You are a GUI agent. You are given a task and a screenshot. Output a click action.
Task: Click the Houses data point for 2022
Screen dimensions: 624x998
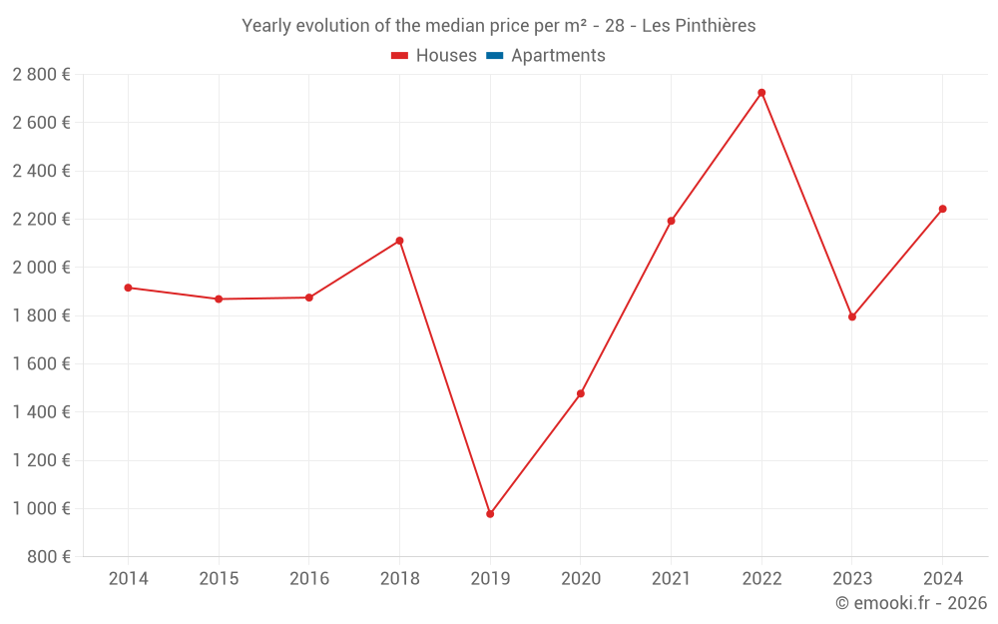click(x=761, y=93)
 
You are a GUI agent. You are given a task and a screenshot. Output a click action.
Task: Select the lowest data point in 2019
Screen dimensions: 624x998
click(x=490, y=514)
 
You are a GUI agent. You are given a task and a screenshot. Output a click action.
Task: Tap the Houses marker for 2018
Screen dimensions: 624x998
click(x=399, y=241)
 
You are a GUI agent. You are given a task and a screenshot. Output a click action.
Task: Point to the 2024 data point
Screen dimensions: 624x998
click(x=942, y=209)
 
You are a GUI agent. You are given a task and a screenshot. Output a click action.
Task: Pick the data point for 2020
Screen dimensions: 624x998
click(x=581, y=393)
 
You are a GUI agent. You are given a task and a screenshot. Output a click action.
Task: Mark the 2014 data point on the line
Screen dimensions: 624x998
click(x=128, y=288)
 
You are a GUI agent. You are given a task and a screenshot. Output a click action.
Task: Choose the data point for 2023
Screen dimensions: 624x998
click(x=852, y=316)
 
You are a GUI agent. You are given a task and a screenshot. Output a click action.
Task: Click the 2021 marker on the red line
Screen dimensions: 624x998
click(x=671, y=221)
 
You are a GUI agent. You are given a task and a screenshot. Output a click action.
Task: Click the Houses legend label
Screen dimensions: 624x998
click(x=446, y=56)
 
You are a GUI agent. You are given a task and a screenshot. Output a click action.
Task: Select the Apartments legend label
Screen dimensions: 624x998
click(x=558, y=56)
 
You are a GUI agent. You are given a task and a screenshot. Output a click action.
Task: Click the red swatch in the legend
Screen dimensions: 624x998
click(x=400, y=56)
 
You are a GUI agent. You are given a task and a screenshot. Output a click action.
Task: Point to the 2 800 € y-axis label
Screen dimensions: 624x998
click(x=41, y=75)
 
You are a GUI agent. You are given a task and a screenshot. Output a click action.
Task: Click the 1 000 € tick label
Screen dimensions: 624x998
click(x=41, y=508)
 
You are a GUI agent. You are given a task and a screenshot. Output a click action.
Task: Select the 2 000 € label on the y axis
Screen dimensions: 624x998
click(x=41, y=268)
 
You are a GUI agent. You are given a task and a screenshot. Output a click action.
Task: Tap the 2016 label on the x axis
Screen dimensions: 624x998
click(x=309, y=579)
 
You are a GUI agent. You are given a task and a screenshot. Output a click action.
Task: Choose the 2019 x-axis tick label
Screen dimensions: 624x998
click(x=490, y=579)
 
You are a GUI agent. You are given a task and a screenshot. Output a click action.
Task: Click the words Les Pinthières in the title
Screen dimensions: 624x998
click(x=699, y=26)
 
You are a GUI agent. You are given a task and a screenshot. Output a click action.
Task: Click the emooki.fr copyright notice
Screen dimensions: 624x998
click(x=911, y=603)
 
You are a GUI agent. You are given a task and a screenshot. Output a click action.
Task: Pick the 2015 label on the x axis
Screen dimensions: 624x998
click(x=219, y=579)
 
